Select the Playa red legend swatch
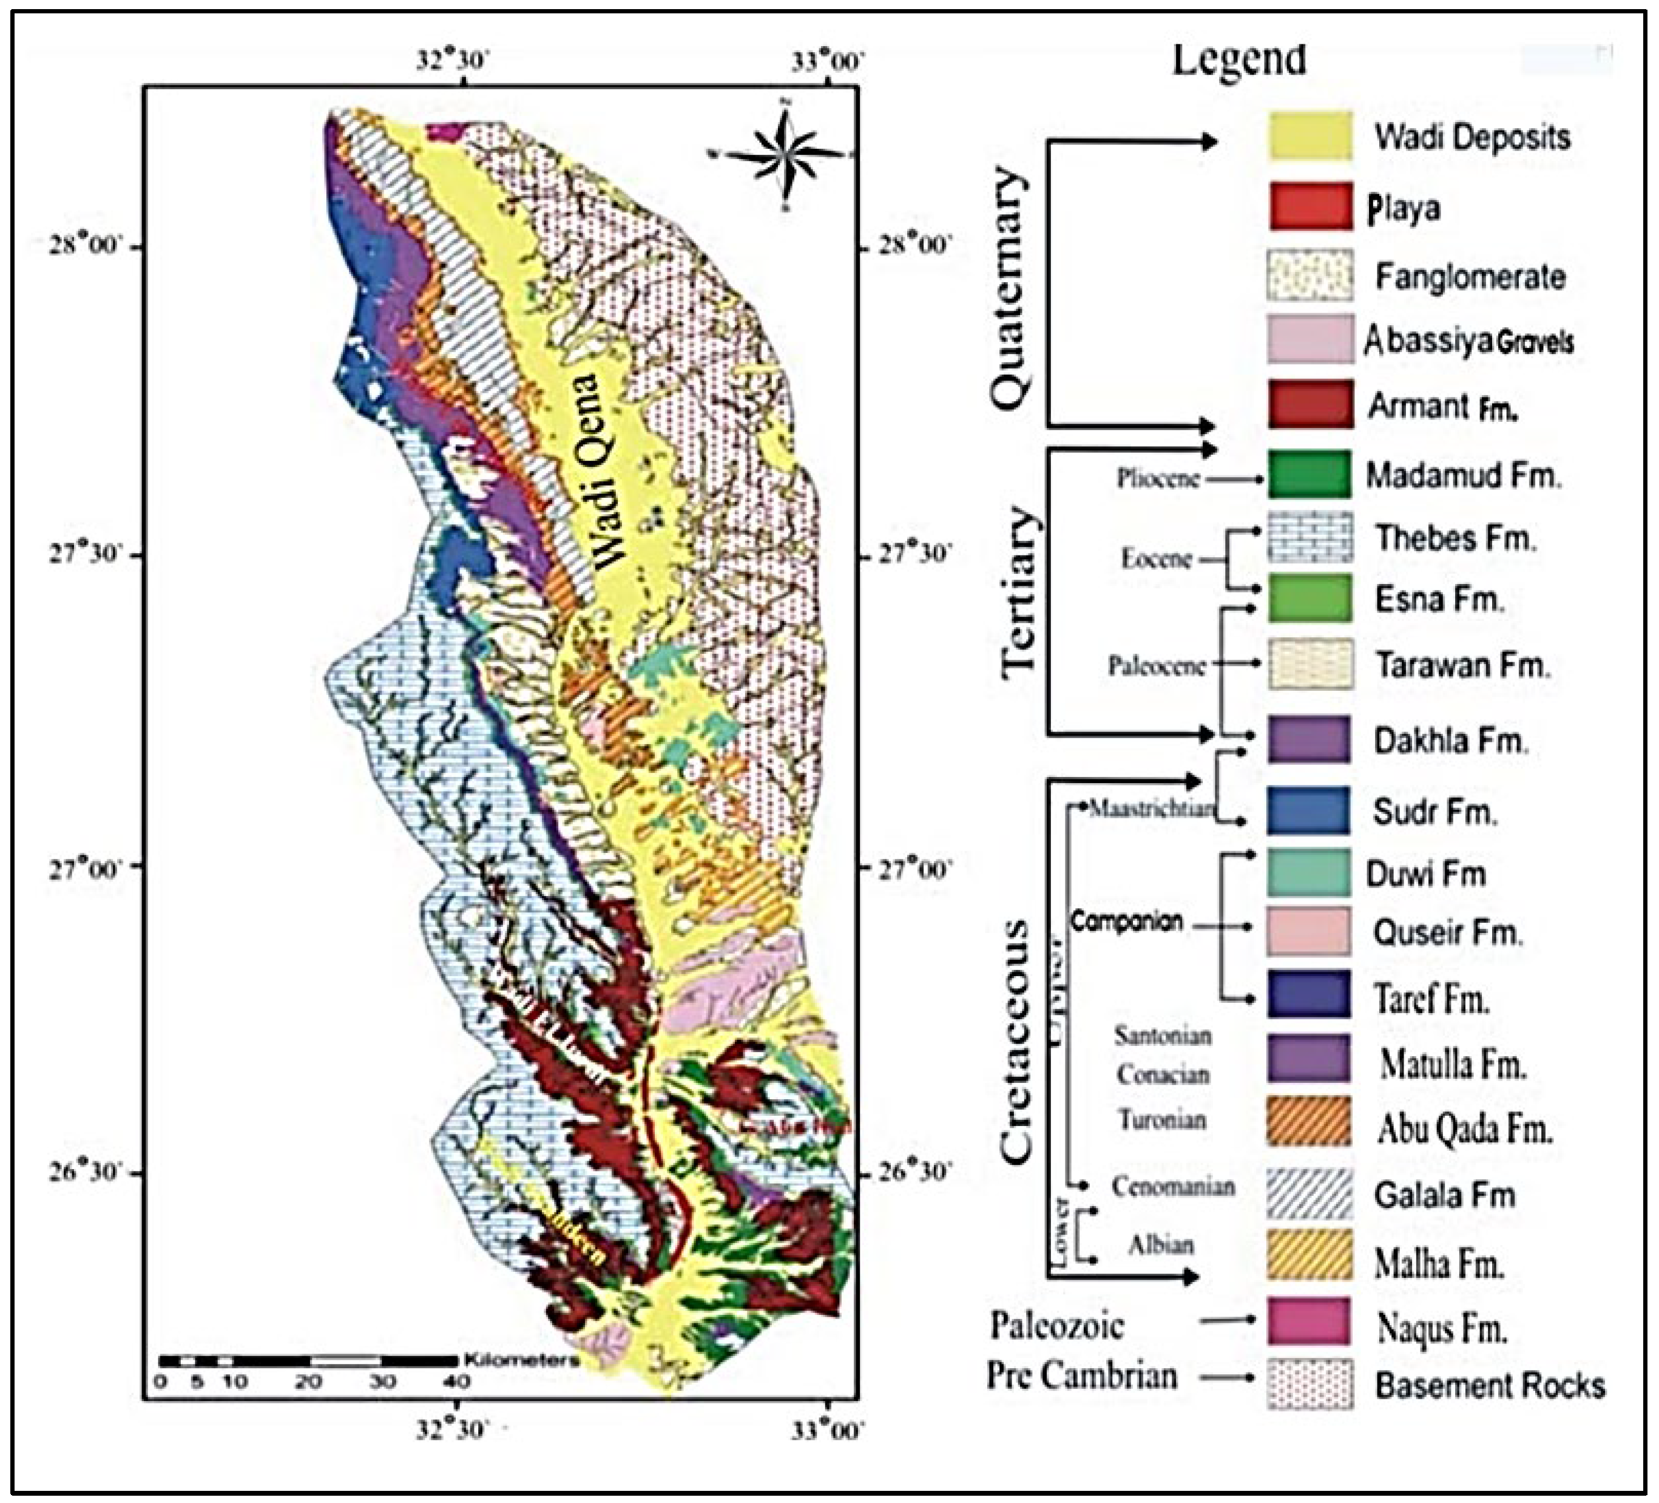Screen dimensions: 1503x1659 coord(1309,206)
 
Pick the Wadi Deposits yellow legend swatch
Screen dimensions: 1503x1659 coord(1309,136)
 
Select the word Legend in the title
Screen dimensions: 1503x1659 coord(1238,59)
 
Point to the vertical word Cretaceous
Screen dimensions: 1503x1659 coord(1016,1041)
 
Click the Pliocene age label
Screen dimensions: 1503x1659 coord(1157,478)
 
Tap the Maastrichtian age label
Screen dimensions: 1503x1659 coord(1150,809)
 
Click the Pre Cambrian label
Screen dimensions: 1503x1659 coord(1081,1376)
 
